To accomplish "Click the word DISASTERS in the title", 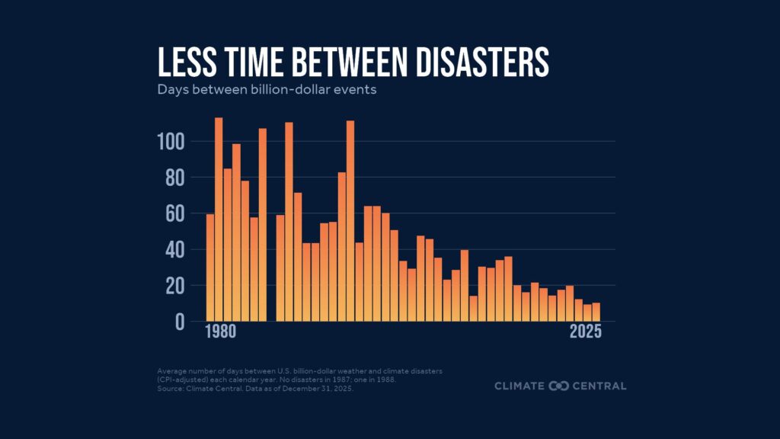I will pos(475,62).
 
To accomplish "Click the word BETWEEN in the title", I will pos(341,62).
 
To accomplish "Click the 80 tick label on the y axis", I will pos(176,178).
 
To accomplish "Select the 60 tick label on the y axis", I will pos(176,213).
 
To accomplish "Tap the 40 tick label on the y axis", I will pos(176,249).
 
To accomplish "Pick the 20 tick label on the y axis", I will pos(176,286).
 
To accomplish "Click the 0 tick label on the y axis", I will pos(181,322).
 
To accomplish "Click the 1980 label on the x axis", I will pos(221,333).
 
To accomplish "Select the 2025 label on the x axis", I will pos(585,333).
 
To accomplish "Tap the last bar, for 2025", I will pos(596,312).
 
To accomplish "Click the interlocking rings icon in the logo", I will pos(560,386).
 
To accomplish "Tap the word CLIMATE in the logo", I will pos(520,386).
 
